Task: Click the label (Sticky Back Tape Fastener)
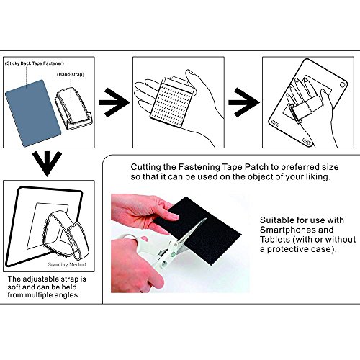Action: point(35,63)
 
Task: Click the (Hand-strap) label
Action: point(71,74)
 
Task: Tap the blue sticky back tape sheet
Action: point(33,113)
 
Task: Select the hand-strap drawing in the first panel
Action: point(73,109)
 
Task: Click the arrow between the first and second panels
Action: point(114,102)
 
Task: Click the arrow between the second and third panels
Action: point(244,102)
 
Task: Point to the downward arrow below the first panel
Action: point(47,164)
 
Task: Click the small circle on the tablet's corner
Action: point(342,85)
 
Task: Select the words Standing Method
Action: point(67,264)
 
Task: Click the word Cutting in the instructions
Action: point(146,167)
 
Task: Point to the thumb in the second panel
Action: point(192,79)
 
